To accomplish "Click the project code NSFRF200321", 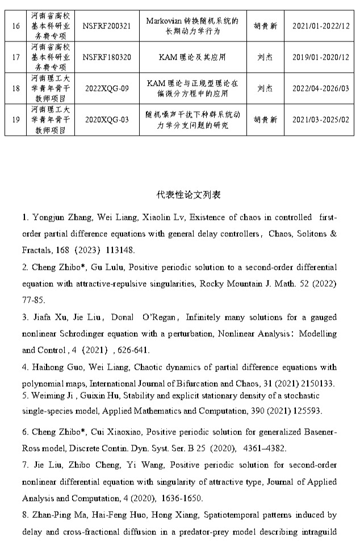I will click(x=107, y=26).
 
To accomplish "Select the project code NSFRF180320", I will click(x=107, y=57).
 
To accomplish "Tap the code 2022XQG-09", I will click(x=107, y=89).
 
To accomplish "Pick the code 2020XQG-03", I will click(x=107, y=120).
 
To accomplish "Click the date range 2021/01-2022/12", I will click(x=321, y=26).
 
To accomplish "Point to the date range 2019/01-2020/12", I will click(x=321, y=57).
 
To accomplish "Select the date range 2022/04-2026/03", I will click(x=321, y=89).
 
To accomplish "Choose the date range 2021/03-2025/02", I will click(x=321, y=120).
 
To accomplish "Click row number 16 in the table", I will click(x=16, y=26).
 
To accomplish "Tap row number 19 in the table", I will click(x=16, y=120).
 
